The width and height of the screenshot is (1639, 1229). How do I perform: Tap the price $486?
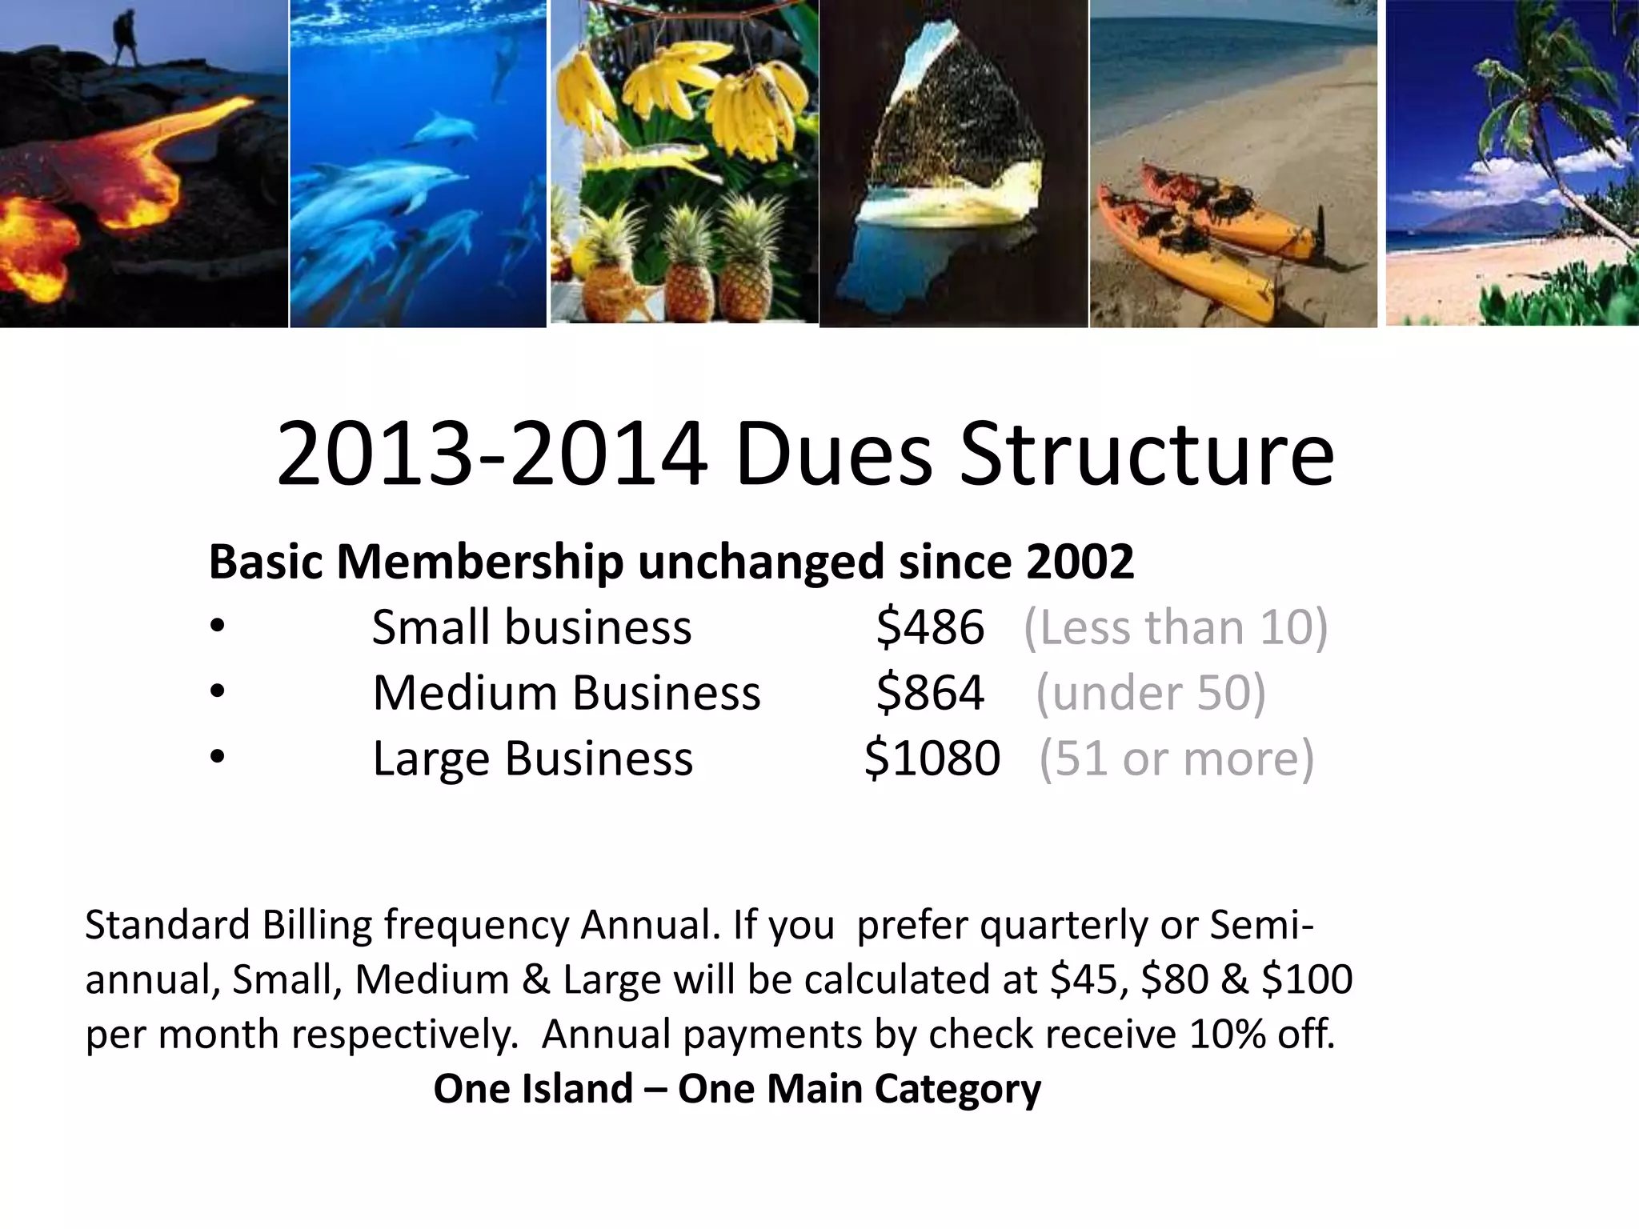[x=930, y=627]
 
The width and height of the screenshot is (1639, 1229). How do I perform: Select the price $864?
[x=930, y=692]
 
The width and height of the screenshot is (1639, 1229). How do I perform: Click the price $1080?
[x=932, y=758]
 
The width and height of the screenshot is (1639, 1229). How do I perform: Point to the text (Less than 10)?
[x=1176, y=627]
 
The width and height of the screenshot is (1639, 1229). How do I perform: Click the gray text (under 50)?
[x=1151, y=692]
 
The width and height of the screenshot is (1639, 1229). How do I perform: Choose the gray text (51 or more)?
[x=1176, y=758]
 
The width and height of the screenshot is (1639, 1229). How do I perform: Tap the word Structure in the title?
[x=1147, y=454]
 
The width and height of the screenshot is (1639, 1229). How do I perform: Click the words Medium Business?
[x=567, y=692]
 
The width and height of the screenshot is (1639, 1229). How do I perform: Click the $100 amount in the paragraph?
[x=1307, y=979]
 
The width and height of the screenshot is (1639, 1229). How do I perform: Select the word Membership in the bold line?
[x=479, y=562]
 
